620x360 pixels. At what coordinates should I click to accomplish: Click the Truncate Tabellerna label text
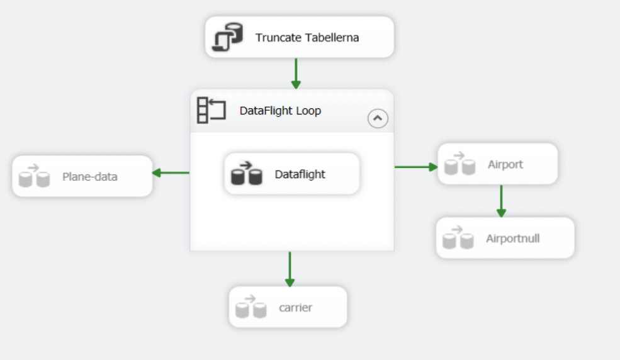click(307, 38)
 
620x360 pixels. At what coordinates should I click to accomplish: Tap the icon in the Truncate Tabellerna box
click(227, 37)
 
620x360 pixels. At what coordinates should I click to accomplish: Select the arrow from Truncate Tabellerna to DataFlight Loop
click(296, 74)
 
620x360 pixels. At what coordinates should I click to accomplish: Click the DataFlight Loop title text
click(280, 111)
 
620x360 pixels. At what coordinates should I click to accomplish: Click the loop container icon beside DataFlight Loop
click(211, 110)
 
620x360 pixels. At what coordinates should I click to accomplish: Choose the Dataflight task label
click(300, 174)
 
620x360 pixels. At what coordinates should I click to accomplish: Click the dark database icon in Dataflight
click(247, 174)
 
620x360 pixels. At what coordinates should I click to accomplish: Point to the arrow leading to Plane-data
click(171, 172)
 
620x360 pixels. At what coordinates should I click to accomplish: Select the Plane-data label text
click(89, 177)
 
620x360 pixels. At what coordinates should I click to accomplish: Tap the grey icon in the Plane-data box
click(34, 177)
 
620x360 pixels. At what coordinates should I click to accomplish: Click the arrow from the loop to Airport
click(415, 167)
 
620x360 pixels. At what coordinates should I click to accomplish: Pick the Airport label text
click(505, 164)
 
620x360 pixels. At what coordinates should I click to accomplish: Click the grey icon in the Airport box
click(459, 164)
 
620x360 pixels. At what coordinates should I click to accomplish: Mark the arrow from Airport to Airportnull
click(501, 201)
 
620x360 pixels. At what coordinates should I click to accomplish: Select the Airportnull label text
click(513, 239)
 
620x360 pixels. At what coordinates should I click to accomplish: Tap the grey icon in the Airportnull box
click(458, 238)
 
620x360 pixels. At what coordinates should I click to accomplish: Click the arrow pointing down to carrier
click(290, 269)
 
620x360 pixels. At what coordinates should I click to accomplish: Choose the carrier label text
click(296, 308)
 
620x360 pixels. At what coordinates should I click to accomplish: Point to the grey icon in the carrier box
click(251, 307)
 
